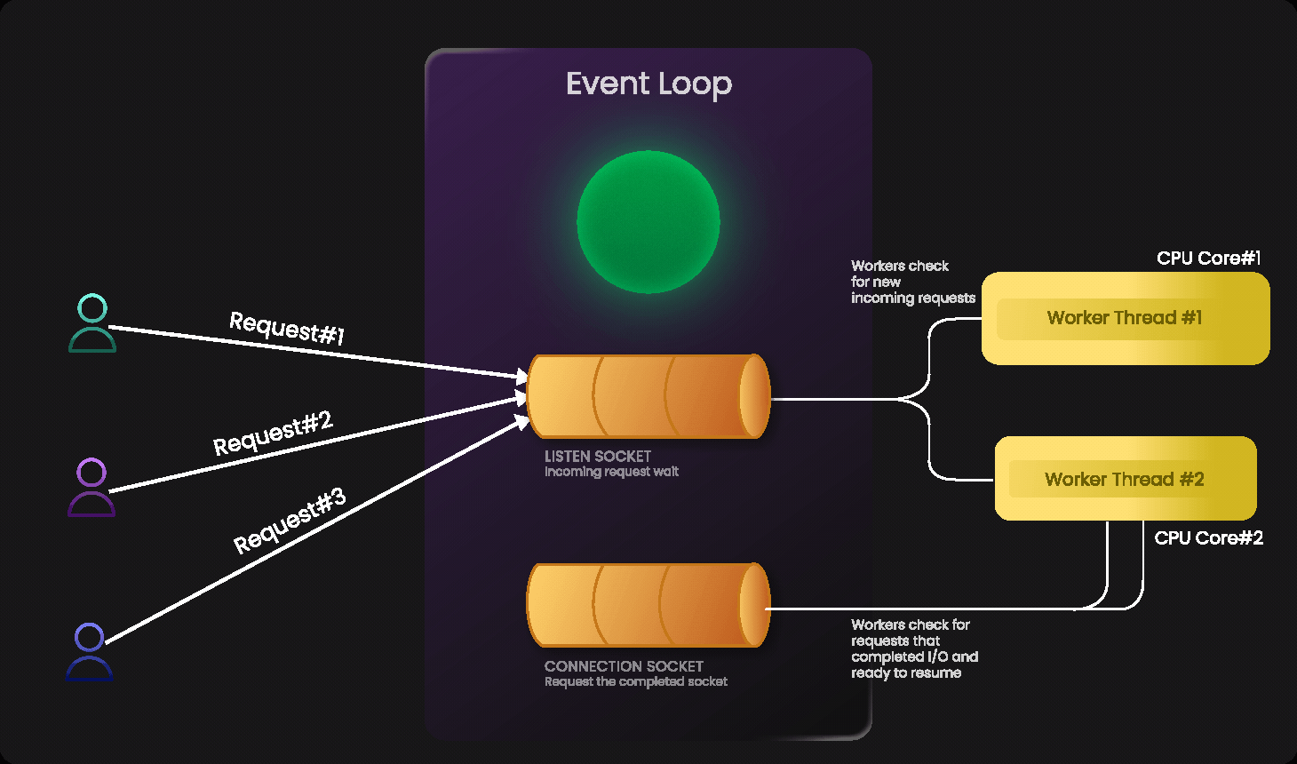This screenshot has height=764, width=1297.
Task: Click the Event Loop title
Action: [648, 84]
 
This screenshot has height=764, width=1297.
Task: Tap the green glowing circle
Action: [648, 222]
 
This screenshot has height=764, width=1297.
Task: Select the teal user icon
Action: [92, 323]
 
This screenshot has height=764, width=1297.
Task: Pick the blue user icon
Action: [90, 652]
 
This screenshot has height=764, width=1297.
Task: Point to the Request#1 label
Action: [287, 328]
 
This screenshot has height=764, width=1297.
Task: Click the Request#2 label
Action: [273, 433]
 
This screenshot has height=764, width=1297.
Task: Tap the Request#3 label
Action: [289, 521]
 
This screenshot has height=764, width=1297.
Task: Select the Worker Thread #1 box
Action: [1125, 318]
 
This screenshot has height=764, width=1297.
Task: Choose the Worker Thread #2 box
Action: [1125, 479]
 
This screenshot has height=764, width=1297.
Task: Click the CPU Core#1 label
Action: [1208, 259]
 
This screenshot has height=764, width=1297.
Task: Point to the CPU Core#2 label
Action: [1208, 538]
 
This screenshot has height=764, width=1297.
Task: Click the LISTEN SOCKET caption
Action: [598, 456]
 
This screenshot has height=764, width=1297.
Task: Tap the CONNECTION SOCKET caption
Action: [624, 666]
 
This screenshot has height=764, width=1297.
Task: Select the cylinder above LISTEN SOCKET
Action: [648, 396]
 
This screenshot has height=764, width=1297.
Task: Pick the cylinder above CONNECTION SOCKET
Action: [648, 605]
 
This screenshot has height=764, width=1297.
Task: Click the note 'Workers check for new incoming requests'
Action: [912, 282]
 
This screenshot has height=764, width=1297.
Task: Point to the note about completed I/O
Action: [914, 649]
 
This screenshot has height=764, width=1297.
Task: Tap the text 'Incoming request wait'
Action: [611, 472]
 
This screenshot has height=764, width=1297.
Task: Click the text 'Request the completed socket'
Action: [636, 681]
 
